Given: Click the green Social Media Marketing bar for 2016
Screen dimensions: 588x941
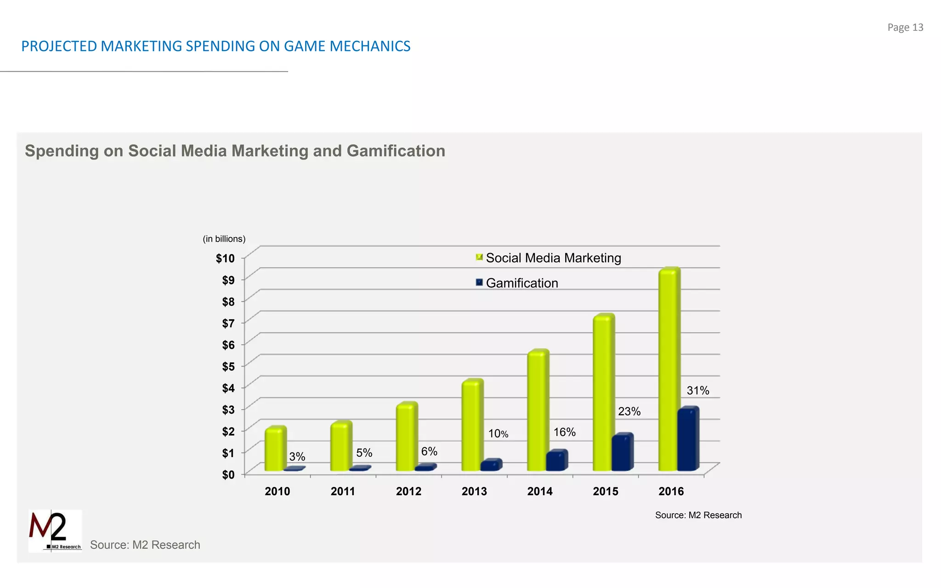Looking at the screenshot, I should tap(669, 370).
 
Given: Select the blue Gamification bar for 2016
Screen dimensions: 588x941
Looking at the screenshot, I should tap(688, 440).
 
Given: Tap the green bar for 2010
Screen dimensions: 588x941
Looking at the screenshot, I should tap(275, 449).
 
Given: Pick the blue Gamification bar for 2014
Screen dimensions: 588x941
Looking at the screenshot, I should tap(556, 461).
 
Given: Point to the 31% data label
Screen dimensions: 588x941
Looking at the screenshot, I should tap(697, 390).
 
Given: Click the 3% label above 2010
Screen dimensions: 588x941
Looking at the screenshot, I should tap(297, 457).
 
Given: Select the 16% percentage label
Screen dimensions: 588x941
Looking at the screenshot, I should tap(564, 432).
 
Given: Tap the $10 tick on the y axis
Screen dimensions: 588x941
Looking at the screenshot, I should tap(225, 259).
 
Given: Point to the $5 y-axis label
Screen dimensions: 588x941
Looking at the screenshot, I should tap(228, 367).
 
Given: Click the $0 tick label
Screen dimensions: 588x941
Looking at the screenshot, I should tap(228, 475).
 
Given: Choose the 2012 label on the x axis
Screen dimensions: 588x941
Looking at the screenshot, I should tap(408, 492).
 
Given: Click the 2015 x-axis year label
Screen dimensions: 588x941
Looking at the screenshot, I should tap(605, 492).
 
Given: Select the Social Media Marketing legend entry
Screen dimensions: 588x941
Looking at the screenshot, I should tap(553, 258).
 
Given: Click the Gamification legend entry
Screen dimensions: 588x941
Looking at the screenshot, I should tap(522, 283).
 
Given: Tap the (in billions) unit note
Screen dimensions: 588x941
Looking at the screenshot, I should tap(224, 239).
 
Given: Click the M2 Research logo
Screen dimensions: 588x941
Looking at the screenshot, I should tap(55, 531).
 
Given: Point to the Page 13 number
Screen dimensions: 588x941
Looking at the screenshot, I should tap(905, 28).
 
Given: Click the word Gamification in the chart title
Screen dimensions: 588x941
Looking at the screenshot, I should tap(396, 151).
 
